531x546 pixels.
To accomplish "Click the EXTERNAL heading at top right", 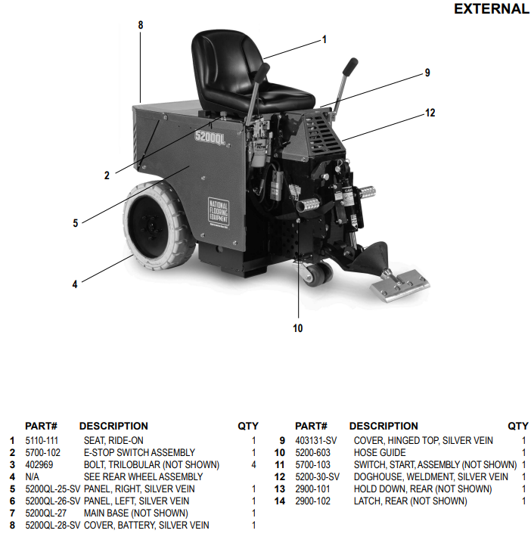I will point(491,9).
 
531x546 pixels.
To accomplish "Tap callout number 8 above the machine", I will point(140,25).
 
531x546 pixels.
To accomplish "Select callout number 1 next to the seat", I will point(324,39).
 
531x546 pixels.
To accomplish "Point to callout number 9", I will point(427,73).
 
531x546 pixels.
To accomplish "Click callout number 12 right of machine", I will point(430,113).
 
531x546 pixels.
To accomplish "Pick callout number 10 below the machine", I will point(297,328).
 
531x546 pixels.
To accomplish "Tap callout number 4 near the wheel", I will point(75,284).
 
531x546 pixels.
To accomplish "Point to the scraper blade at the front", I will point(400,286).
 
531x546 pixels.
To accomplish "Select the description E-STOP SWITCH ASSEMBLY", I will point(139,452).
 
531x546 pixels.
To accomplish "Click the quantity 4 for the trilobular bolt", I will point(253,464).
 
